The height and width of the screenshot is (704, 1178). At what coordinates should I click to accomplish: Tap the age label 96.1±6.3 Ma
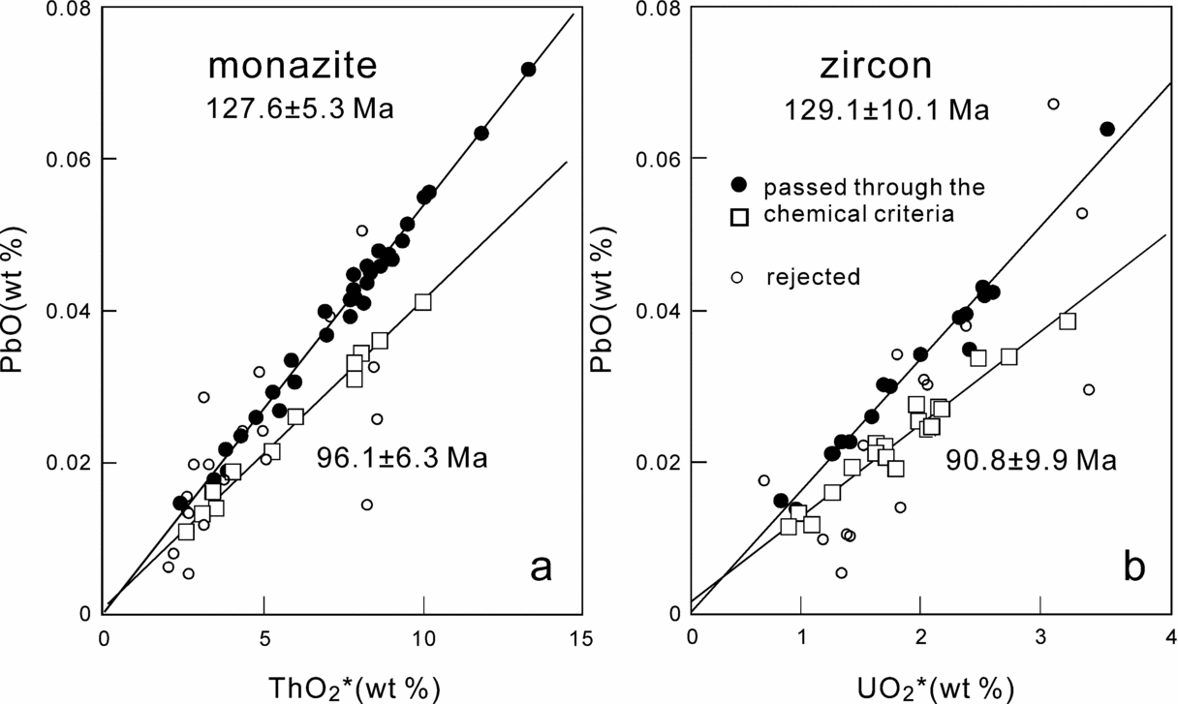click(402, 456)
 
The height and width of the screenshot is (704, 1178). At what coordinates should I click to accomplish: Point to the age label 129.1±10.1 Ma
click(886, 109)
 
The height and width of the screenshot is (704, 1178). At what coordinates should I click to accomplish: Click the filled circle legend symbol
click(740, 184)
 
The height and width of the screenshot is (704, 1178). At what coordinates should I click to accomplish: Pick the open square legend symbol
click(740, 216)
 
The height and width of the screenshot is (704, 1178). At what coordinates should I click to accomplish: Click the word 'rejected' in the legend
click(812, 277)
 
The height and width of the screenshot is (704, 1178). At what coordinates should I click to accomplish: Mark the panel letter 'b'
click(1133, 568)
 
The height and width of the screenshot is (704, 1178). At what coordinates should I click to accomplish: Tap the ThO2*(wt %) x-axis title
click(352, 687)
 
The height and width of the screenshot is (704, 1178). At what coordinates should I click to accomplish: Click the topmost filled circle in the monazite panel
click(528, 69)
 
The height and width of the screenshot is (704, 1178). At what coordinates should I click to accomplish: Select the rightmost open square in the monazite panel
click(422, 302)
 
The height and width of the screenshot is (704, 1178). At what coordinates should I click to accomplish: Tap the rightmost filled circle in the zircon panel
click(1107, 129)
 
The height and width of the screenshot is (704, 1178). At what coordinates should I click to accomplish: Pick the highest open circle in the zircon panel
click(1053, 104)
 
